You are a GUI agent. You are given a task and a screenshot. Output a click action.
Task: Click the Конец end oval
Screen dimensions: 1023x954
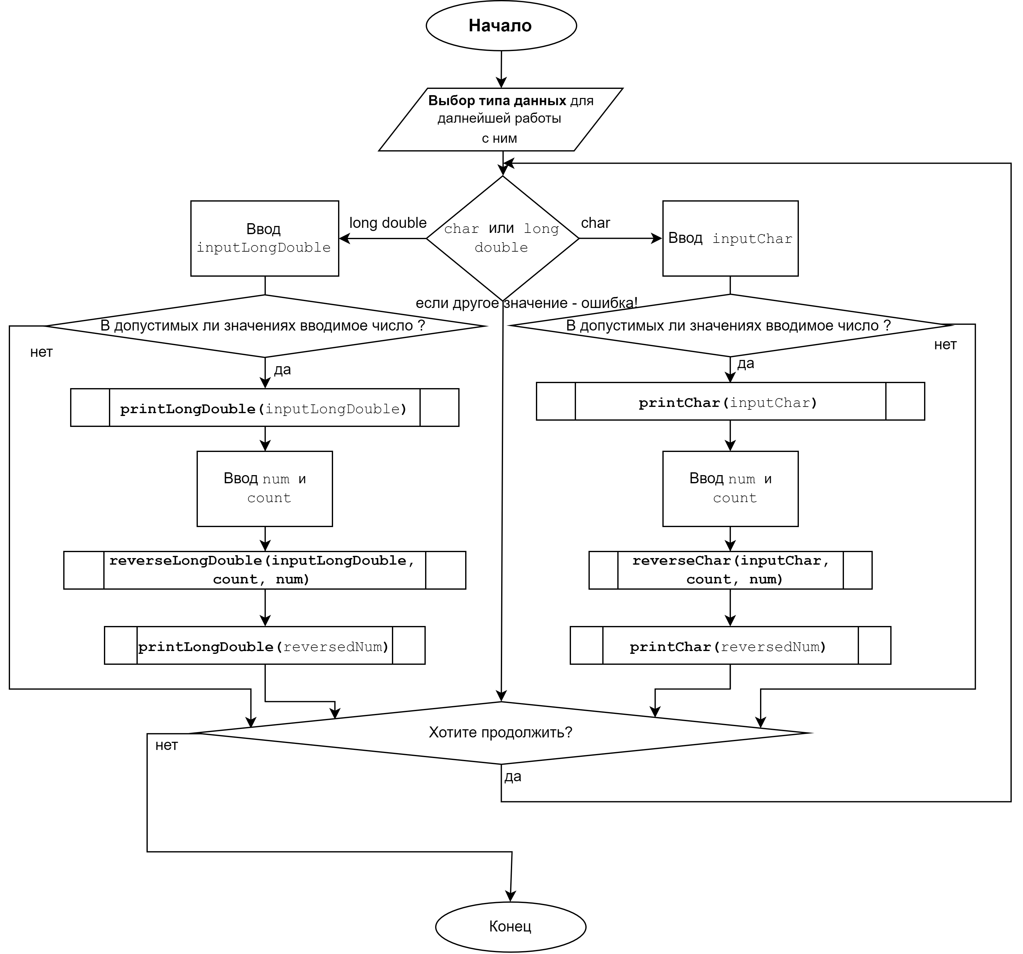tap(511, 926)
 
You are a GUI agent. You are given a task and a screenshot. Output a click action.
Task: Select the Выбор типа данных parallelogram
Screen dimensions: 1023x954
tap(501, 119)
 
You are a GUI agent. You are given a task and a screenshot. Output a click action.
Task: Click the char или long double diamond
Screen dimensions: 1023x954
tap(502, 238)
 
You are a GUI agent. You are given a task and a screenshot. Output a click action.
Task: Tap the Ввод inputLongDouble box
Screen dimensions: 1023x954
tap(265, 238)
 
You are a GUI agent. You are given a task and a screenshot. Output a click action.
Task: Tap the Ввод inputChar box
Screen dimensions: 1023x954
tap(730, 238)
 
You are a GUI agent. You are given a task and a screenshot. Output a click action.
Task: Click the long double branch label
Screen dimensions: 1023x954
tap(388, 223)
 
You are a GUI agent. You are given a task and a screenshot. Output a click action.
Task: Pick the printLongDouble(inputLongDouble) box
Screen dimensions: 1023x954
tap(265, 408)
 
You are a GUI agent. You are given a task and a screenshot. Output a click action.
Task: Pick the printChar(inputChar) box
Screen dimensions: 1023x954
tap(730, 401)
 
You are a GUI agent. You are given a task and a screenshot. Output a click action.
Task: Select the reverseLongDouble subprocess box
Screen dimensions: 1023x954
tap(265, 570)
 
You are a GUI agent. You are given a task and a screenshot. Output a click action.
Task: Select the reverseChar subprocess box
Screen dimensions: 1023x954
tap(730, 570)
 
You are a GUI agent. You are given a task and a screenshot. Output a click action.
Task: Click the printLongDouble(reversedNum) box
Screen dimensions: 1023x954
tap(265, 645)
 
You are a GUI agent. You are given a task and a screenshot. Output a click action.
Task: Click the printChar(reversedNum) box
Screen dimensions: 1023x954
tap(730, 645)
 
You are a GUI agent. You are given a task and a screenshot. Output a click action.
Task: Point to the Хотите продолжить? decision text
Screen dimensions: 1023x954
tap(500, 732)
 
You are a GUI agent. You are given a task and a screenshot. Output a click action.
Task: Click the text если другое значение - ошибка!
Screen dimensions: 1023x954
tap(527, 303)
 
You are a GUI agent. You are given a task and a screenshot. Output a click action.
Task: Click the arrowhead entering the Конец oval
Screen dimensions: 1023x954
tap(511, 896)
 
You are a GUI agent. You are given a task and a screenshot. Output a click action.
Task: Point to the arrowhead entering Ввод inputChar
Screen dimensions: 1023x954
tap(657, 238)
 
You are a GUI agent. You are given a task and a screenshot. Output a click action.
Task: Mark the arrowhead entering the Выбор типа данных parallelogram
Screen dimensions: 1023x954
tap(501, 82)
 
